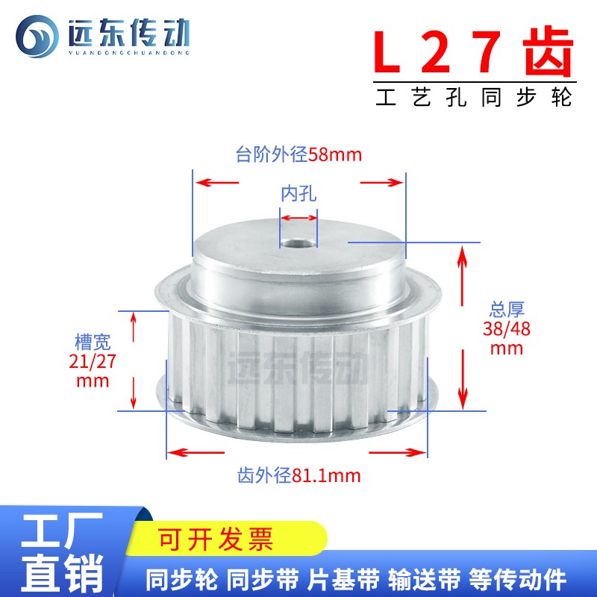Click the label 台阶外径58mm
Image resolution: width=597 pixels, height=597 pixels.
298,155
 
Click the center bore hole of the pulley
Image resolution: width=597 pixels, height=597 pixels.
298,242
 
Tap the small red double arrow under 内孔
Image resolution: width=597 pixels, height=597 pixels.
298,218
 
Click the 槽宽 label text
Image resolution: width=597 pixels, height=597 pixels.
93,343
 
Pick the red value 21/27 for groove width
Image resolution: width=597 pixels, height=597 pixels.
93,362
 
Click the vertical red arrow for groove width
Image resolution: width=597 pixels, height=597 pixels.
134,360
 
